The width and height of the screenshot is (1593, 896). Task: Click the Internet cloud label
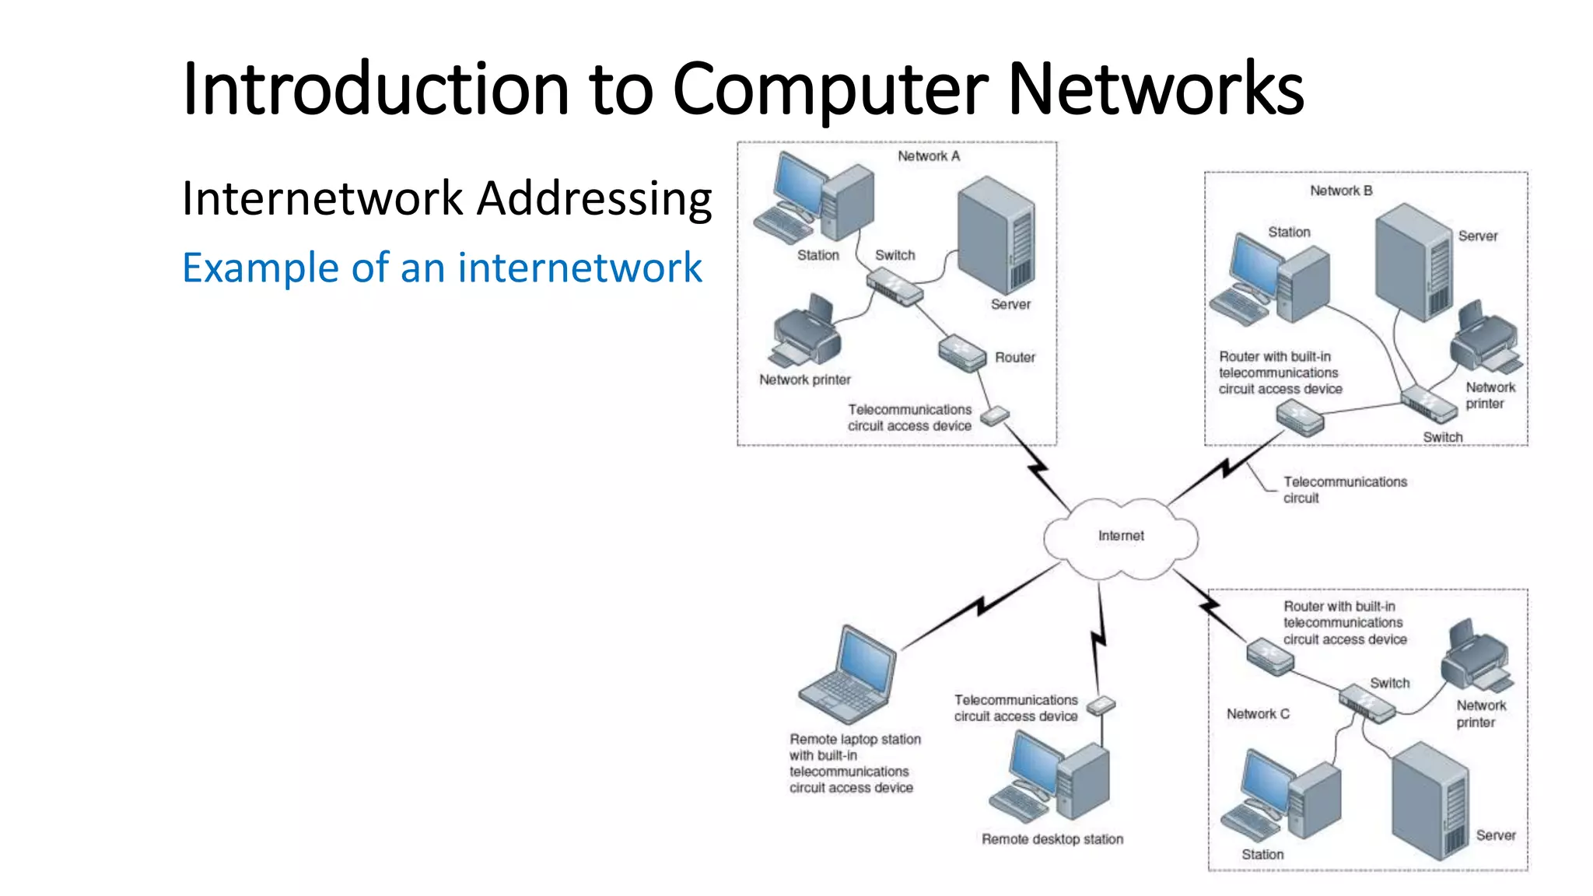pyautogui.click(x=1121, y=536)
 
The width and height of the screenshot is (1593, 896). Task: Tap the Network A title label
pyautogui.click(x=929, y=156)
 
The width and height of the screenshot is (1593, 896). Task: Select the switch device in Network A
pyautogui.click(x=895, y=287)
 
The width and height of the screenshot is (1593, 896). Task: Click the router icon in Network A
pyautogui.click(x=962, y=353)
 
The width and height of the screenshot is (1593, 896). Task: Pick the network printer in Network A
pyautogui.click(x=807, y=332)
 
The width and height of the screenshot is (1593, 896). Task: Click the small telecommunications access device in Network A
pyautogui.click(x=994, y=416)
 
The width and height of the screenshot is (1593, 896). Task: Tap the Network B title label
pyautogui.click(x=1341, y=191)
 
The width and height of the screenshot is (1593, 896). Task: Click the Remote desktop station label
pyautogui.click(x=1052, y=839)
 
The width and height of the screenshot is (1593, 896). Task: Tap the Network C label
pyautogui.click(x=1258, y=714)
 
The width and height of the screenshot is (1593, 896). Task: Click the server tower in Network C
pyautogui.click(x=1430, y=801)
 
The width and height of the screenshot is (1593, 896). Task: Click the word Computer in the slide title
pyautogui.click(x=830, y=89)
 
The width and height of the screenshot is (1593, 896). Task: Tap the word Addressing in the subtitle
pyautogui.click(x=594, y=198)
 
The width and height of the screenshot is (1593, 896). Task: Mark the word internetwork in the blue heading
pyautogui.click(x=579, y=268)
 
